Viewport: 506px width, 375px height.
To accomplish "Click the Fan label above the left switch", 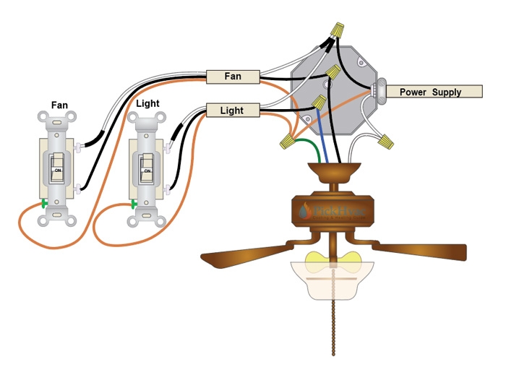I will coord(59,105).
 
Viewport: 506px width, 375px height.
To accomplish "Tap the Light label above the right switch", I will coord(147,103).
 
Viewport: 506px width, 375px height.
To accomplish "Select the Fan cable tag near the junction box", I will coord(233,76).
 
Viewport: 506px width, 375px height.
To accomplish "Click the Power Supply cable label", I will coord(433,92).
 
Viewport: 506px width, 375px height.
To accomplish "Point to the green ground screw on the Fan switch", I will coord(44,204).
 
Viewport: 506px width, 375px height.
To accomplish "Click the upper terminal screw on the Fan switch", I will coord(77,147).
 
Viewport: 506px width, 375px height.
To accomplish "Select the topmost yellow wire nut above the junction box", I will coord(335,30).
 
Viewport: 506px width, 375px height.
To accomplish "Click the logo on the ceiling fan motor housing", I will coord(333,212).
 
